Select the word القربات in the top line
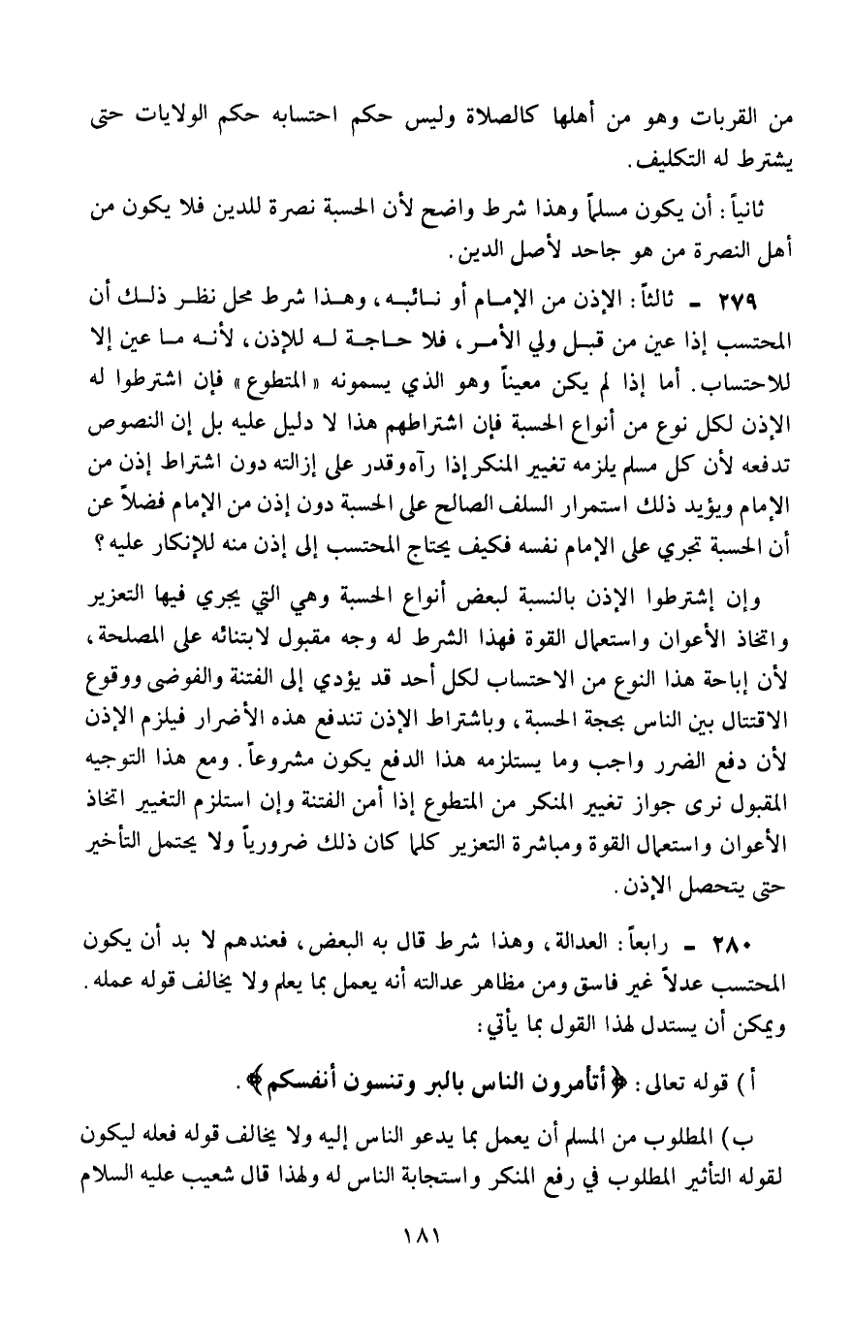tap(738, 124)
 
